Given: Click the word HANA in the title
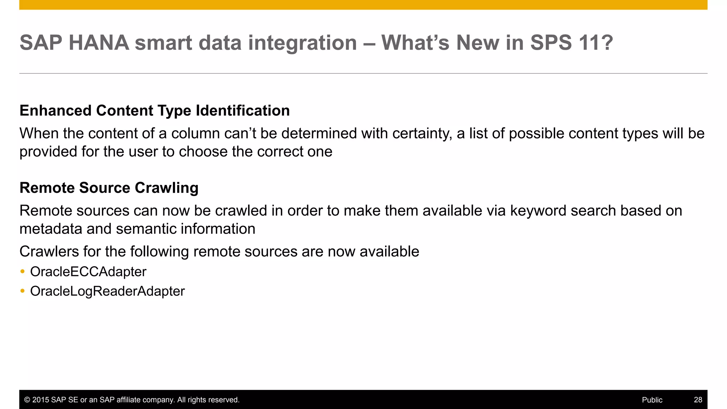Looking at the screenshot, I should [99, 43].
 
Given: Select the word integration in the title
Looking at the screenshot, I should [302, 43].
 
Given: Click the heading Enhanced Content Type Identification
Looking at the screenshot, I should [154, 110].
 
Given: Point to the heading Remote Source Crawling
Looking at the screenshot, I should [109, 187].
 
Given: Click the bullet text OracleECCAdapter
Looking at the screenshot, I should [88, 272].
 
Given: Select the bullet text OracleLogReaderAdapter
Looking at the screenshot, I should [107, 291].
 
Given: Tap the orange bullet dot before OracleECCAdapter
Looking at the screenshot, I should [23, 272].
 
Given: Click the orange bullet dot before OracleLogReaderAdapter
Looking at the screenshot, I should [23, 291].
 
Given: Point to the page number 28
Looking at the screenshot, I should [698, 400].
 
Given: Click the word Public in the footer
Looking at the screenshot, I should [652, 400].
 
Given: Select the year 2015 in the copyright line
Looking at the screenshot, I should [41, 400].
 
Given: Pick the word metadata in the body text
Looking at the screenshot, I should [51, 229].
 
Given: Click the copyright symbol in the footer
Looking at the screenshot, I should [27, 400].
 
